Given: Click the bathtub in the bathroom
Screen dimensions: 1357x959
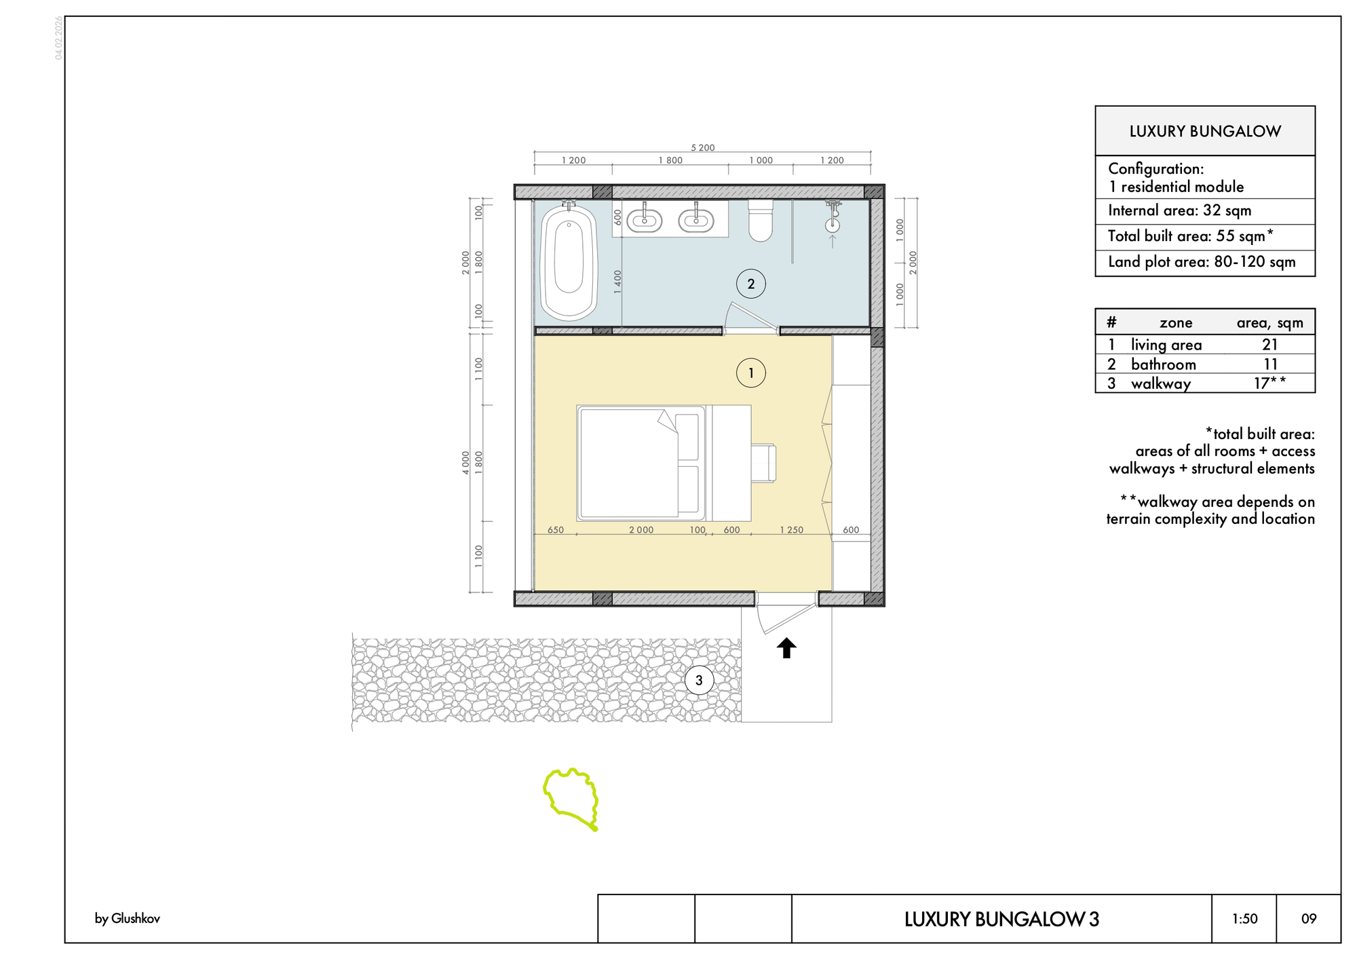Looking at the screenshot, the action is [x=569, y=261].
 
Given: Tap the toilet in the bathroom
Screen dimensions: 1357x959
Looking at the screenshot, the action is [x=761, y=220].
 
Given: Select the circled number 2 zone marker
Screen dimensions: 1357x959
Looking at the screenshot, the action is [x=751, y=284].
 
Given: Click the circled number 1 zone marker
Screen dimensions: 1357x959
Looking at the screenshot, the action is [x=751, y=373].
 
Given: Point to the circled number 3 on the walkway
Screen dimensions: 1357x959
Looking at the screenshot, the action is [x=699, y=680].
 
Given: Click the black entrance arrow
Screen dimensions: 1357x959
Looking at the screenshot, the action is [x=786, y=648].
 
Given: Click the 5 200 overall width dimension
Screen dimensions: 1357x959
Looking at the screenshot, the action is [x=703, y=147].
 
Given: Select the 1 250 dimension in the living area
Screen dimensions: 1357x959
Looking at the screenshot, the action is [x=791, y=530].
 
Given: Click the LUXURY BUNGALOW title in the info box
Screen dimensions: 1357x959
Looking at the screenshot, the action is [x=1205, y=131].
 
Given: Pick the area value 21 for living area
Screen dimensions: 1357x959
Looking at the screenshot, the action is [x=1270, y=345].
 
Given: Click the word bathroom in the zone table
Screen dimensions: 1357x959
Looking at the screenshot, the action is [x=1163, y=364].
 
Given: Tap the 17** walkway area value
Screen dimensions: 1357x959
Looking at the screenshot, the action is [x=1269, y=383].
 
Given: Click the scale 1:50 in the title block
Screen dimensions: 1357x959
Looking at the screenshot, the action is [x=1245, y=919].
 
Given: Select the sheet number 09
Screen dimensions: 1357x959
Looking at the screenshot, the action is [x=1309, y=919].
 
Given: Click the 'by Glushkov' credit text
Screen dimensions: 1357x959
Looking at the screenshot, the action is [x=128, y=919].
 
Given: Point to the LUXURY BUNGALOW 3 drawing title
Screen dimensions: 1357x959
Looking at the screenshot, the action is [x=1001, y=919].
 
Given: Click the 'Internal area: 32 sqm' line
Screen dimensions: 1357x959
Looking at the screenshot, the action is [x=1179, y=210].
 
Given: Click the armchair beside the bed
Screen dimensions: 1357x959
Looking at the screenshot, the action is [x=764, y=463].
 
